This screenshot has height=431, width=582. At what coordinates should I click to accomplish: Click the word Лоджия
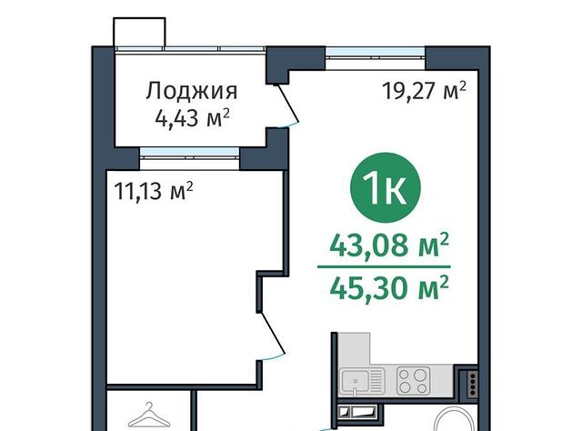[192, 91]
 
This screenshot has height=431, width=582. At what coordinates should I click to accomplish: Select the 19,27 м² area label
[424, 91]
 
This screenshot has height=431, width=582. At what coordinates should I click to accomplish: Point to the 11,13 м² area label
[154, 191]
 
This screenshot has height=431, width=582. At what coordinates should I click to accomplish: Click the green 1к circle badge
[386, 188]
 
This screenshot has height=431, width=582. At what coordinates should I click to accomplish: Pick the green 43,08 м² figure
[389, 246]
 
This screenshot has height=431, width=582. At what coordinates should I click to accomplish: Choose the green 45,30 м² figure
[389, 288]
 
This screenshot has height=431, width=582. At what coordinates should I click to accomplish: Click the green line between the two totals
[384, 266]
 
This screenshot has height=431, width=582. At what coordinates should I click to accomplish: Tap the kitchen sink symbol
[362, 381]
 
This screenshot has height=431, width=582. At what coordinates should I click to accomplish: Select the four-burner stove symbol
[413, 380]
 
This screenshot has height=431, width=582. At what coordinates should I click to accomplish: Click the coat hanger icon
[149, 416]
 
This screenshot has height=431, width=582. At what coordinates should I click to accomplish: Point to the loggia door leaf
[286, 105]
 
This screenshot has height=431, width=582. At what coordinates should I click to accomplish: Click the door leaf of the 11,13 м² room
[272, 333]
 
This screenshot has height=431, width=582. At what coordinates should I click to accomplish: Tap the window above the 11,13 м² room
[190, 153]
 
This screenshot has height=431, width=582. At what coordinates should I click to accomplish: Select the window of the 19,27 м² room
[376, 53]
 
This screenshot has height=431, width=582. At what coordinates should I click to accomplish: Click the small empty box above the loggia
[139, 32]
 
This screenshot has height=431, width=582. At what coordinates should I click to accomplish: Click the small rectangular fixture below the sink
[358, 411]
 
